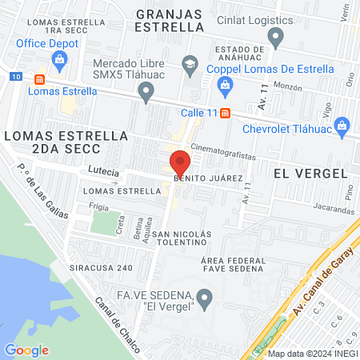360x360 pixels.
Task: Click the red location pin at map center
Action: (x=180, y=163)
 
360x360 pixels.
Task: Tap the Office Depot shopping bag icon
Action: (x=58, y=59)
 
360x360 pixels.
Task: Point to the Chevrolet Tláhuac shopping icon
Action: (x=342, y=125)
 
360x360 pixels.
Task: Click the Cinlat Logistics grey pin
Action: (x=276, y=37)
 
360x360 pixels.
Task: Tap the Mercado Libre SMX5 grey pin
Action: (x=146, y=94)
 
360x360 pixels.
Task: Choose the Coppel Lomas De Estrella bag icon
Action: (x=225, y=84)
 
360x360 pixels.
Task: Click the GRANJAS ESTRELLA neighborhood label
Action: (x=170, y=20)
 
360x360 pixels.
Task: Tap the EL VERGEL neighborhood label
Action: (x=310, y=174)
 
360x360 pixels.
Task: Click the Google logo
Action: (x=26, y=350)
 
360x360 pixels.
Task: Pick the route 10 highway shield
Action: (x=18, y=77)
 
